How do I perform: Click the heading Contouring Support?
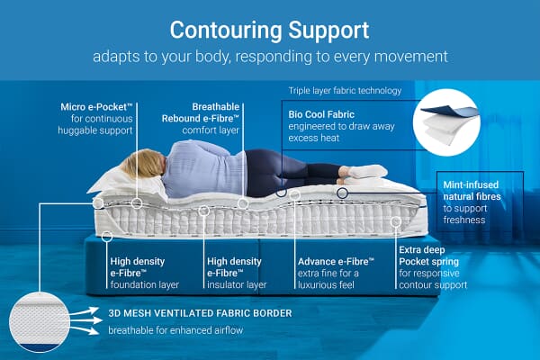[x=269, y=29]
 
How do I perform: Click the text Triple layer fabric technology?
[x=345, y=91]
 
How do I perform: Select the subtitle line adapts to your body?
[x=269, y=56]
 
